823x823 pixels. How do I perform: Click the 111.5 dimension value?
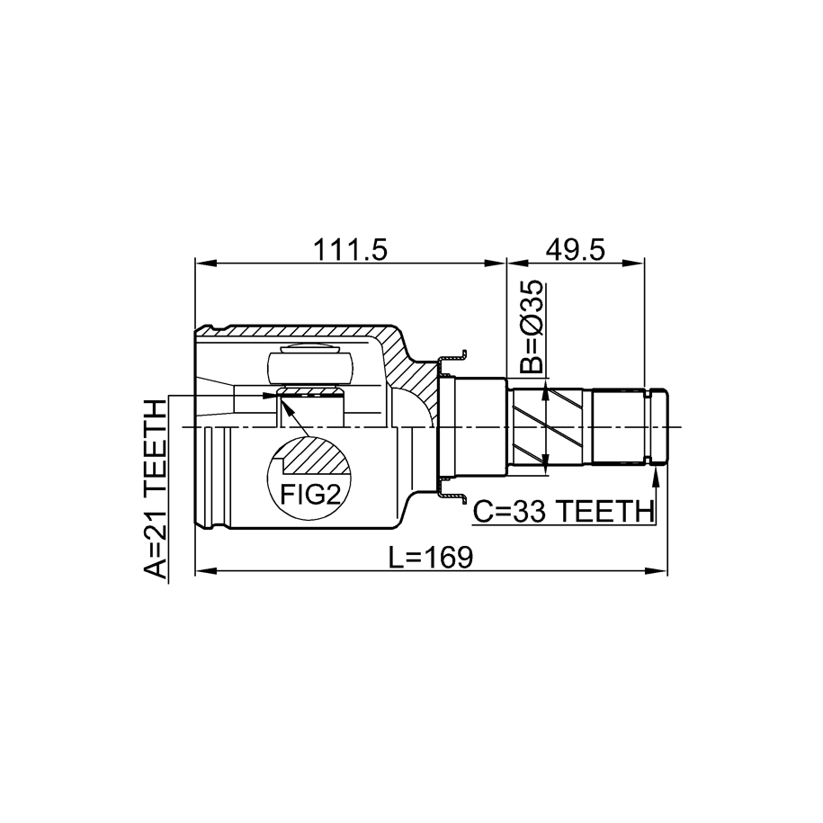pos(350,250)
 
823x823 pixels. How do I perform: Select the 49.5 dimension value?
pos(576,250)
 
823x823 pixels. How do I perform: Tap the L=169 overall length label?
pos(431,557)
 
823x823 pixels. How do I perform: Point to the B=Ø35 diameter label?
pos(533,327)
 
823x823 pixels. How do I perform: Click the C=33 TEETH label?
pos(564,512)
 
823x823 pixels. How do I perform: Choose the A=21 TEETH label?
pos(156,489)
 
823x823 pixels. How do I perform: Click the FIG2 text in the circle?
pos(310,494)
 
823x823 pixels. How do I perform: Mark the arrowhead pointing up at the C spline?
pos(656,477)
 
